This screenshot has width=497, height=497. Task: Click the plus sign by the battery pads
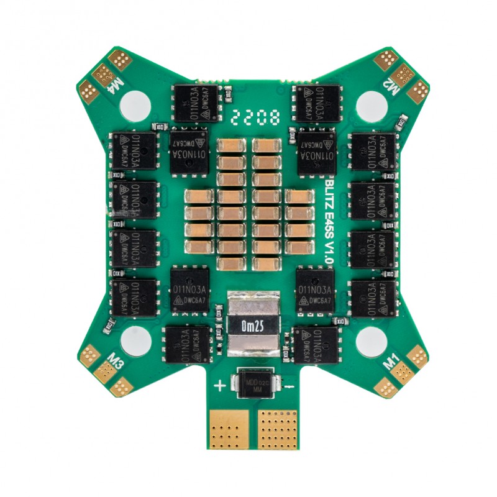tap(220, 386)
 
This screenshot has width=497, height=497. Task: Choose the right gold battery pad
tap(278, 428)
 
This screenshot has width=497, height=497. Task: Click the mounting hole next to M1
tap(372, 339)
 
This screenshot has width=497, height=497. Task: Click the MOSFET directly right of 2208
tap(319, 103)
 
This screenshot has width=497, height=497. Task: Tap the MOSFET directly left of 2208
tap(195, 103)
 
